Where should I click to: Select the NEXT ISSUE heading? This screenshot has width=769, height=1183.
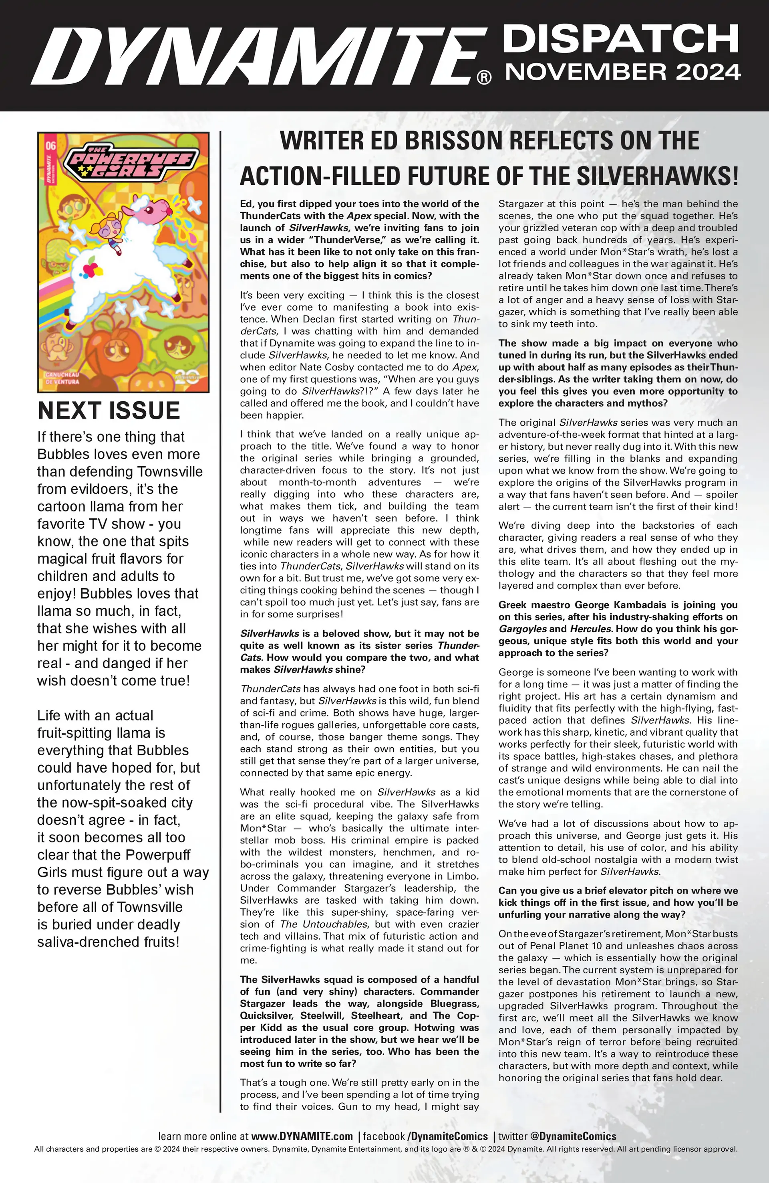tap(109, 411)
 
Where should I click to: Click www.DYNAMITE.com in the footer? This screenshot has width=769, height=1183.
tap(302, 1136)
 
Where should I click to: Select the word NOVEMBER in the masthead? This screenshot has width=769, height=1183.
tap(571, 72)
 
